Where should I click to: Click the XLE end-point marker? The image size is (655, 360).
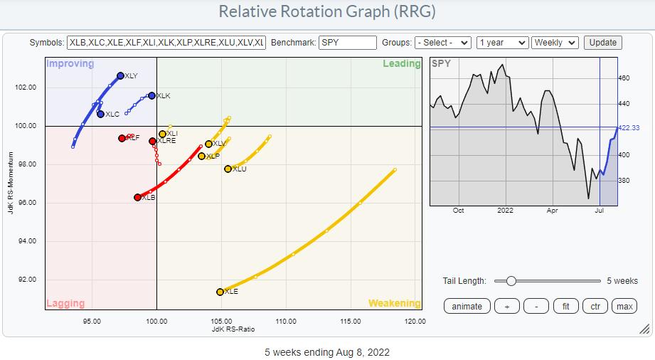click(220, 292)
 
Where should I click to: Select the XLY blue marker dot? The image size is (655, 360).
click(120, 75)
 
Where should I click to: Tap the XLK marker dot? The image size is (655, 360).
click(151, 95)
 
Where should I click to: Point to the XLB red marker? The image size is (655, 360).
click(137, 197)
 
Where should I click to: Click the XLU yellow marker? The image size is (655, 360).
click(228, 169)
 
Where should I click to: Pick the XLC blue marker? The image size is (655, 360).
click(100, 114)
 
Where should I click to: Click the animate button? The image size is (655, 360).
click(467, 306)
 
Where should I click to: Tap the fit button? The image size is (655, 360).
click(565, 306)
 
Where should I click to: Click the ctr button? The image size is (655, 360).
click(595, 306)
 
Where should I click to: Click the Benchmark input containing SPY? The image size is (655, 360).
click(347, 43)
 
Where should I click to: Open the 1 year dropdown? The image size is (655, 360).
click(503, 43)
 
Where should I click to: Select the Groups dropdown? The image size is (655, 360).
click(442, 43)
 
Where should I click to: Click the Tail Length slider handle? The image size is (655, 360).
click(511, 281)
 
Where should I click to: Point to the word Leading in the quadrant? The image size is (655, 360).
click(402, 63)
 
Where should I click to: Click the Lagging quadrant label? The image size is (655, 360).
click(65, 303)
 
